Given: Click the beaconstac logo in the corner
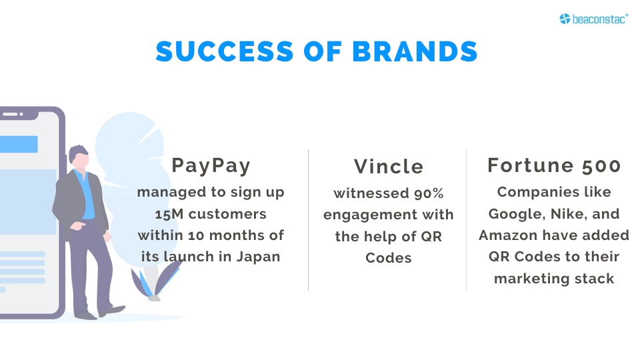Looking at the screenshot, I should [594, 19].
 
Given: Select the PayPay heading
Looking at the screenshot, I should [211, 165].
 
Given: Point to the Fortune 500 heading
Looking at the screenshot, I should [554, 165].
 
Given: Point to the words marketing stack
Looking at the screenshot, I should [554, 278].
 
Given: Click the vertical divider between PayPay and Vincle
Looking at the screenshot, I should [309, 220].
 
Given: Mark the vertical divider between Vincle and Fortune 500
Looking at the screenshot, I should [466, 220].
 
